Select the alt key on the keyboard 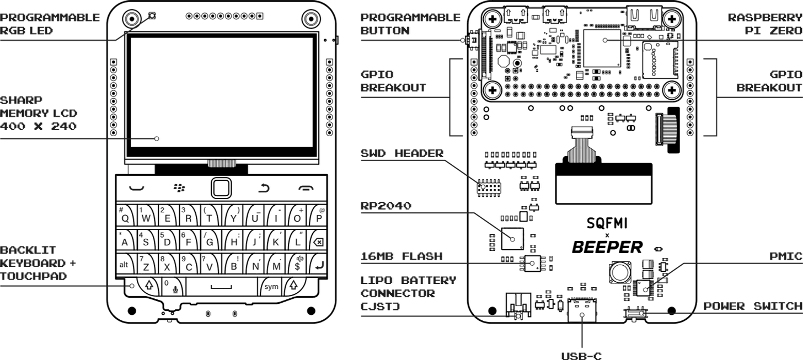124,265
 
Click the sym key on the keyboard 271,287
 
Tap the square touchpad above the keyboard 221,189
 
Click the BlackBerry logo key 179,189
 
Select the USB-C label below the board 582,356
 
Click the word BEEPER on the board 607,247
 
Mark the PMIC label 785,256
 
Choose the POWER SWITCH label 753,306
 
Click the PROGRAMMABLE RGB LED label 50,24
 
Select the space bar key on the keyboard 221,287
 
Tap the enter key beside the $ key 318,265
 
